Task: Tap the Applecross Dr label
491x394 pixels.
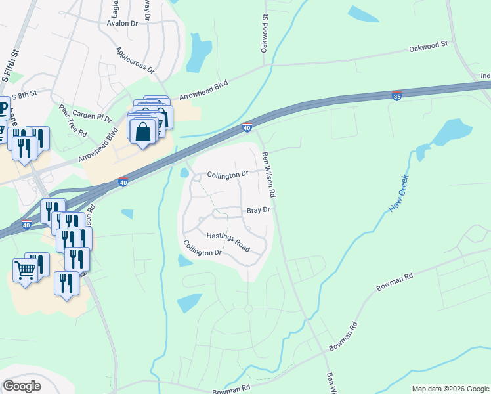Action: pyautogui.click(x=135, y=60)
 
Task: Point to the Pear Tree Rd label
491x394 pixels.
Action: pyautogui.click(x=72, y=120)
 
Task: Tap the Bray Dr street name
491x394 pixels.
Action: pyautogui.click(x=258, y=210)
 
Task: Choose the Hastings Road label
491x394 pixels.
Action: pyautogui.click(x=228, y=242)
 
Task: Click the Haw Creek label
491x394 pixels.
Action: pyautogui.click(x=398, y=193)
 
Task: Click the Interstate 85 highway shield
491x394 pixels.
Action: pyautogui.click(x=396, y=96)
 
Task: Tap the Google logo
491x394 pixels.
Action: pyautogui.click(x=22, y=386)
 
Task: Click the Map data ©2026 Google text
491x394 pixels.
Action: pyautogui.click(x=450, y=389)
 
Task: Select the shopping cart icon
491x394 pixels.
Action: pyautogui.click(x=25, y=269)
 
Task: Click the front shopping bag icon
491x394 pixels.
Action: pyautogui.click(x=142, y=132)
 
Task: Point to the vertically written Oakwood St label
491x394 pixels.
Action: pyautogui.click(x=265, y=36)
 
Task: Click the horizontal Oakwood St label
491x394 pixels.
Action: pyautogui.click(x=427, y=47)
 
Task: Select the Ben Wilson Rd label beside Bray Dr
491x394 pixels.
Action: pyautogui.click(x=269, y=174)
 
